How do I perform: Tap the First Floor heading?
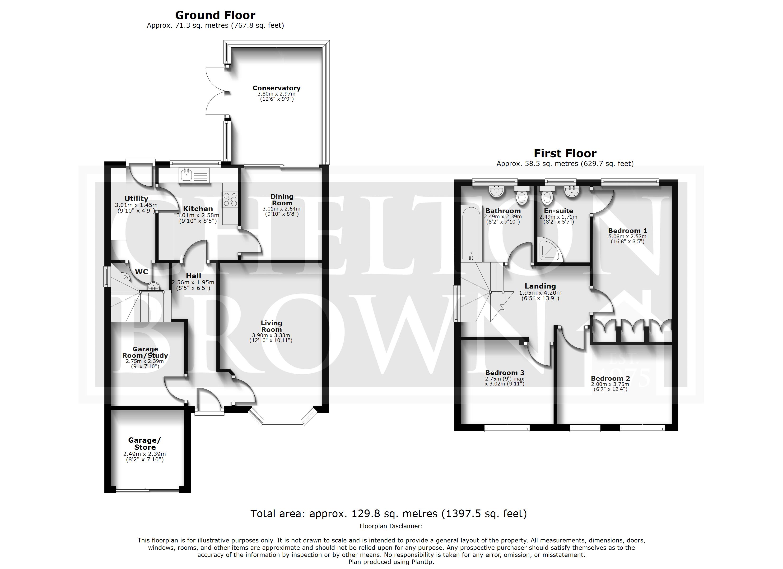point(565,153)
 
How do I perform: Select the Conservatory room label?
point(276,88)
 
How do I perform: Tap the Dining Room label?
point(282,200)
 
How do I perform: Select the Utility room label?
point(136,198)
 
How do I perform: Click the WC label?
point(142,272)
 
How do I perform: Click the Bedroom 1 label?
point(627,231)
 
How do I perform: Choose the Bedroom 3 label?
point(505,373)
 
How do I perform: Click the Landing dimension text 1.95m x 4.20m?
point(540,293)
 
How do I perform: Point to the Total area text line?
point(389,514)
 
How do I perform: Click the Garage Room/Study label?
point(145,352)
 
